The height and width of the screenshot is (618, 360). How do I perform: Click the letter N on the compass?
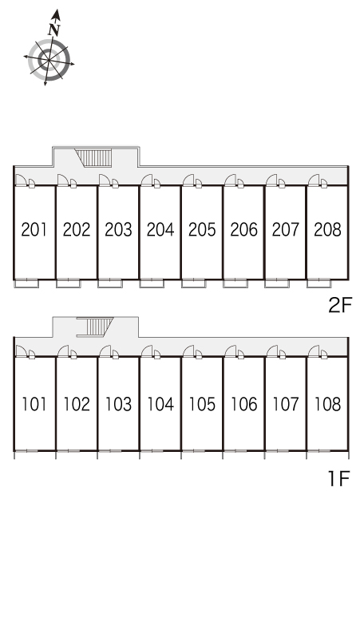point(54,30)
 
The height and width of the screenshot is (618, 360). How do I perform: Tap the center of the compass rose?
point(49,60)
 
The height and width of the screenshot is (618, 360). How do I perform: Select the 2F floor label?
point(339,305)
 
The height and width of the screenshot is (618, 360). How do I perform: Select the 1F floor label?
point(339,478)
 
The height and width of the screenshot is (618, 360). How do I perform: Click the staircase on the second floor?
point(93,157)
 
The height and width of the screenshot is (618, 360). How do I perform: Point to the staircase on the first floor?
point(95,327)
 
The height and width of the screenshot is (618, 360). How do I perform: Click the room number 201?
point(34,229)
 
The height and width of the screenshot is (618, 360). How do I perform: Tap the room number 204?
point(160,229)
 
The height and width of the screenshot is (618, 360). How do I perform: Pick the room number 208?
point(327,229)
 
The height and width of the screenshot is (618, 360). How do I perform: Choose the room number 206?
point(243,229)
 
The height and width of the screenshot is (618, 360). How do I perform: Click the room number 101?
point(34,404)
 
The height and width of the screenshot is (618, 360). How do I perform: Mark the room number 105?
point(202,404)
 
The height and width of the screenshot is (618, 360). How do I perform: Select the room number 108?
point(327,404)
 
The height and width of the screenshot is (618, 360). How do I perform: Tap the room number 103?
point(118,404)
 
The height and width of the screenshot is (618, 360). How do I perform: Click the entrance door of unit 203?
point(105,180)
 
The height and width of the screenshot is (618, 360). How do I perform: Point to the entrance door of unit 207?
point(271,180)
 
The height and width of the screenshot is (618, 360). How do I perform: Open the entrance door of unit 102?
point(63,351)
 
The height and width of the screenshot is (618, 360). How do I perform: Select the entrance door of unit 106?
point(230,351)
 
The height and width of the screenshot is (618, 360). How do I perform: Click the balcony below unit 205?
point(193,283)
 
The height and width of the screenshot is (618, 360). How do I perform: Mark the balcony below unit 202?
point(68,283)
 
